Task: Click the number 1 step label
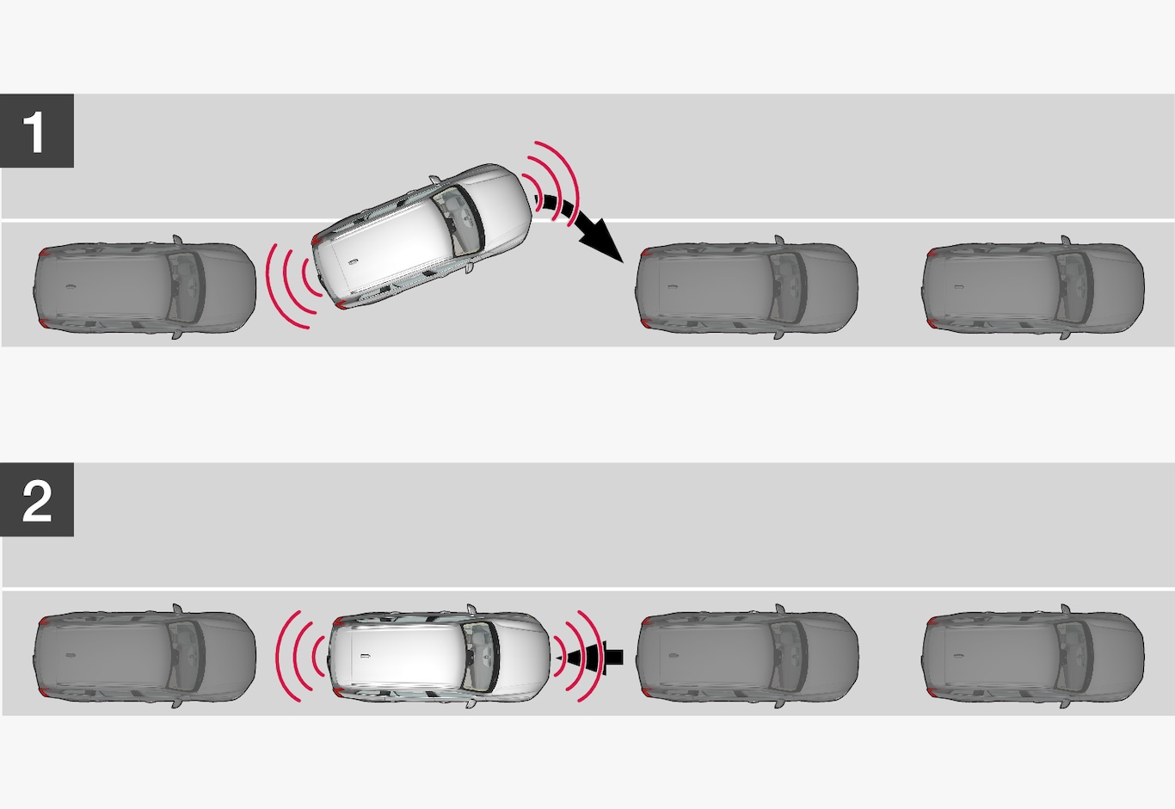tap(37, 131)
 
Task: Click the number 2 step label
tap(37, 499)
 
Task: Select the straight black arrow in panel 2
tap(590, 658)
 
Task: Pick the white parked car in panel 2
tap(440, 657)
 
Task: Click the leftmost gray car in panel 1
tap(145, 287)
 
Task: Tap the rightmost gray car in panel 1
tap(1033, 287)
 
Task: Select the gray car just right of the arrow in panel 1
tap(747, 287)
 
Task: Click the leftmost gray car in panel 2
tap(145, 657)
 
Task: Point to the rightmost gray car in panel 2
tap(1033, 657)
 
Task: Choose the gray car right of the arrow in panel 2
tap(747, 657)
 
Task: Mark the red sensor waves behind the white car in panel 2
tap(301, 657)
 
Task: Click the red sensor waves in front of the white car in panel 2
tap(578, 657)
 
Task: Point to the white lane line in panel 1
tap(587, 220)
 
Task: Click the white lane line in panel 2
tap(587, 589)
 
